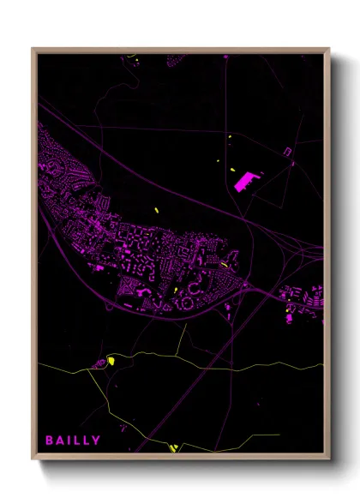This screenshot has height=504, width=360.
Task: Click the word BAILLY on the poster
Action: click(x=73, y=441)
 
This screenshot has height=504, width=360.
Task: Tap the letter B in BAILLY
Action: click(x=50, y=441)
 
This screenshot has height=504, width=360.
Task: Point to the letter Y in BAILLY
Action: click(x=96, y=441)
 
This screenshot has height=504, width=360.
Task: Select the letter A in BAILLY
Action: click(x=60, y=441)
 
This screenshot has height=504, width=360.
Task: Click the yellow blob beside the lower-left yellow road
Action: click(x=110, y=362)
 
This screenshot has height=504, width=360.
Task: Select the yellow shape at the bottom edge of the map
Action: click(x=172, y=447)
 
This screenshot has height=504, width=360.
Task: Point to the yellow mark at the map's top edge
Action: click(x=130, y=57)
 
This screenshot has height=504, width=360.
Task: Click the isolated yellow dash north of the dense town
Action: click(x=157, y=211)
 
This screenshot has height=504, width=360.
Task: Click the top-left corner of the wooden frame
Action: click(x=33, y=49)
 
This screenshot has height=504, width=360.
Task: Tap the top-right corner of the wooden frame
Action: click(x=329, y=49)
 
